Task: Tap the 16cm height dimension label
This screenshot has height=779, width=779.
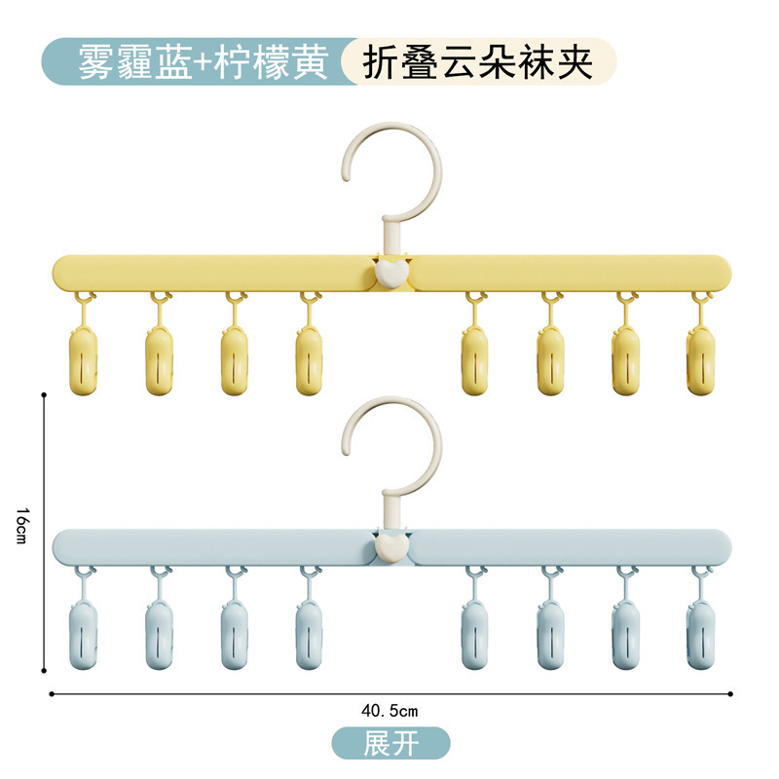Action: coord(22,531)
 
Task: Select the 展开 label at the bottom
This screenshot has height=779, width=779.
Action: coord(390,744)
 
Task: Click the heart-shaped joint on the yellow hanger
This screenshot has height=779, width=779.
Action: coord(389,272)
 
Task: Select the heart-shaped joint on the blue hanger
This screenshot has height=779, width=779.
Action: coord(389,547)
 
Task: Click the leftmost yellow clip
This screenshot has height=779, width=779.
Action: coord(84,359)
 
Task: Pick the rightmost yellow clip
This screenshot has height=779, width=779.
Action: coord(700,359)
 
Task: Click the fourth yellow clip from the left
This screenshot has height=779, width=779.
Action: coord(310,359)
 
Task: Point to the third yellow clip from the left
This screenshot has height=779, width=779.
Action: coord(235,359)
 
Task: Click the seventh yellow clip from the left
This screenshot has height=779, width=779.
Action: coord(625,359)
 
